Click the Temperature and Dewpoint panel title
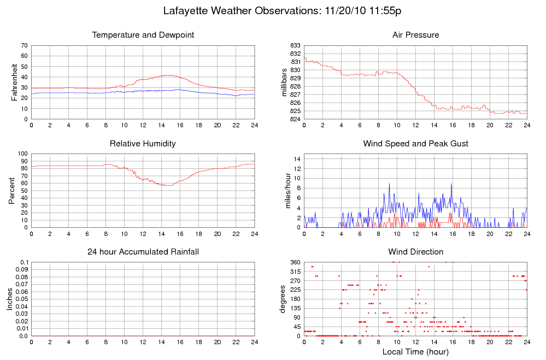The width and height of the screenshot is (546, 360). [143, 35]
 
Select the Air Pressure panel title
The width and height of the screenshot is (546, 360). [415, 35]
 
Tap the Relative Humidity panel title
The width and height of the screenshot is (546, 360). [143, 144]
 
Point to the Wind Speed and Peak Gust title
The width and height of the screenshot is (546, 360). [415, 144]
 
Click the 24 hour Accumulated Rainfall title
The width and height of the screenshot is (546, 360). [143, 252]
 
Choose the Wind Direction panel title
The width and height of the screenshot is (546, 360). [415, 252]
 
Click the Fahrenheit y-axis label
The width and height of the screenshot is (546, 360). [14, 82]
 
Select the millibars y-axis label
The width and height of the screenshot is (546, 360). [284, 82]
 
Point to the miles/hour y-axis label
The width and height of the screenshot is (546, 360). [284, 191]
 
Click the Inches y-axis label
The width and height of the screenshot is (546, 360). [10, 299]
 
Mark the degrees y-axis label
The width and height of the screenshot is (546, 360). [284, 299]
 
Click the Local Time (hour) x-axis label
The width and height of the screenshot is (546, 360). [415, 352]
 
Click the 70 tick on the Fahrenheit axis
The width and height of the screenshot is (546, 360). [24, 45]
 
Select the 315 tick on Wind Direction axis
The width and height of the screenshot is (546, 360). [295, 272]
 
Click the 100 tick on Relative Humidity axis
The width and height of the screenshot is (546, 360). [22, 154]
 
